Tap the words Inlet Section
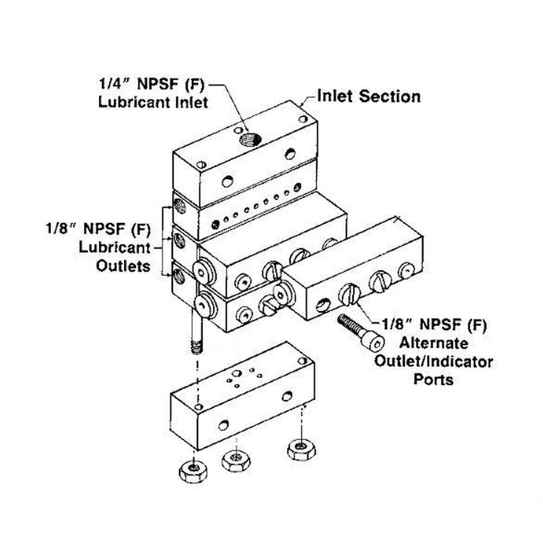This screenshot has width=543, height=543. (x=369, y=97)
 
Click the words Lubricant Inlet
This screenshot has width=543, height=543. (x=153, y=103)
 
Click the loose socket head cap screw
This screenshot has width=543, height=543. (x=360, y=331)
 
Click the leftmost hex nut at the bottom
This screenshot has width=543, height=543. (x=193, y=470)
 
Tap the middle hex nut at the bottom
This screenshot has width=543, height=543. (x=235, y=460)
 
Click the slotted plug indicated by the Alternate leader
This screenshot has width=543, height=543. (x=350, y=295)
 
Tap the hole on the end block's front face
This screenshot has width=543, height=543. (x=223, y=425)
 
